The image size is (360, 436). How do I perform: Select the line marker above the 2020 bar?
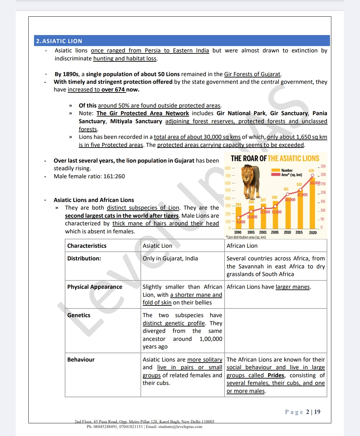coord(312,175)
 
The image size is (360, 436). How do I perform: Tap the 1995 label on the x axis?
coord(251,232)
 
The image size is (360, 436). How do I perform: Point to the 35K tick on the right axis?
coord(323,166)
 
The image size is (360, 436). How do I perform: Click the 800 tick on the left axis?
coord(228,168)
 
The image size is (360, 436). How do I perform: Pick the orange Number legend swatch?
coord(276,170)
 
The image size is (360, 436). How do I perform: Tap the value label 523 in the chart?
coord(299,184)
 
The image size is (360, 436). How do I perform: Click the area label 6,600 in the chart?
coord(241,222)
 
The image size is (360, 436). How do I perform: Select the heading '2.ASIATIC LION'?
coord(59,41)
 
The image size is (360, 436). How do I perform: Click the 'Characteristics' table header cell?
coord(87,246)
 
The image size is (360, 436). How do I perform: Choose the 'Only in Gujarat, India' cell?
coord(170,258)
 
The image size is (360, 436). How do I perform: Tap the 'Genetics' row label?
coord(79,315)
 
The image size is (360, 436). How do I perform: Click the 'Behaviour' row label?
coord(81,360)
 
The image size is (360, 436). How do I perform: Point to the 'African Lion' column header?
coord(242,246)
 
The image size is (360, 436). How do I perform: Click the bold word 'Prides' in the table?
coord(276,375)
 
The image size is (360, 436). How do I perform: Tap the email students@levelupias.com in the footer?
coord(180,427)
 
